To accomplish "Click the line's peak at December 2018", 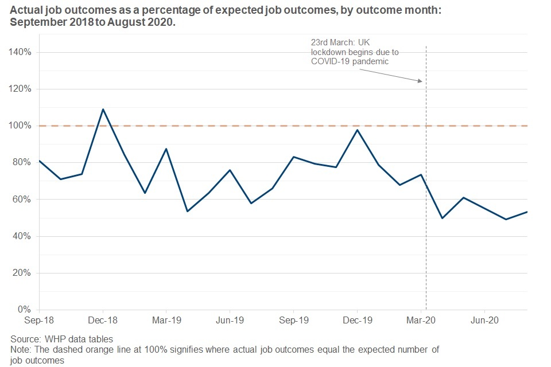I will pos(103,109).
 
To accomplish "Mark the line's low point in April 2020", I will pos(442,218).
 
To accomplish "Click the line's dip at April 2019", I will pos(187,212).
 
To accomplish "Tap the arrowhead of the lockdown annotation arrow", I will pos(421,81).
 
